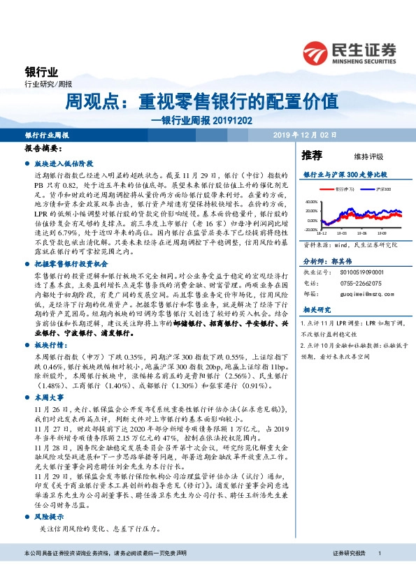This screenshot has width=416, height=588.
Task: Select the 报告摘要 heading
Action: [x=43, y=149]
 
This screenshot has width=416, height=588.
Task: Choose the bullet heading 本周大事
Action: [x=49, y=395]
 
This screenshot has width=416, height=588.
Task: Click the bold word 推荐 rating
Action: [x=312, y=155]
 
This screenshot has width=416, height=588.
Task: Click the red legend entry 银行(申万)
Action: [x=343, y=189]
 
